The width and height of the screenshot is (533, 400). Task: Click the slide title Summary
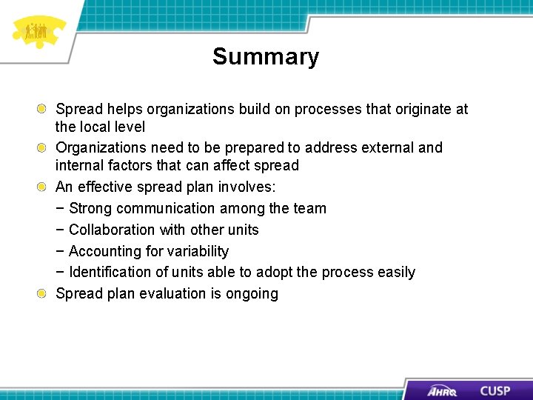(266, 57)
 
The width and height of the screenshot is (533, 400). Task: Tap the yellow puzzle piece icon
(37, 32)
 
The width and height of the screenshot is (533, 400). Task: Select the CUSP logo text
(495, 390)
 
